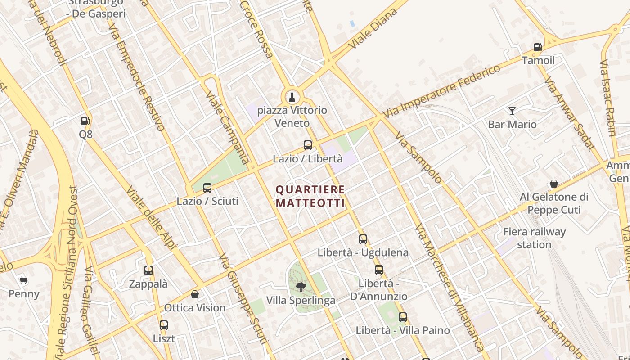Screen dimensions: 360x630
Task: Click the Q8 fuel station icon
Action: (x=85, y=121)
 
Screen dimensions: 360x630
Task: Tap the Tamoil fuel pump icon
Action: (x=538, y=47)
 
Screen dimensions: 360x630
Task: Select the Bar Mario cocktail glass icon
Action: (x=512, y=111)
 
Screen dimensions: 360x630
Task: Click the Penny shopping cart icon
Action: (x=24, y=281)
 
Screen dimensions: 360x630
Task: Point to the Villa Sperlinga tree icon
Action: (x=301, y=287)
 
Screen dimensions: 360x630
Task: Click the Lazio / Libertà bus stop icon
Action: (x=308, y=145)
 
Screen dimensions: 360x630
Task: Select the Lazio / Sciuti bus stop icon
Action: (x=207, y=188)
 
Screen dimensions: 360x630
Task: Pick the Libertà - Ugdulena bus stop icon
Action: (x=363, y=239)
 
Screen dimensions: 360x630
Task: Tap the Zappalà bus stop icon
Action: (x=148, y=270)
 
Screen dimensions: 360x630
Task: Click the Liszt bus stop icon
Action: (x=164, y=325)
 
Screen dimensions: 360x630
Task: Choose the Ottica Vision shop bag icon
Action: (x=195, y=294)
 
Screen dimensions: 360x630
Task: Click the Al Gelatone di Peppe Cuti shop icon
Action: (x=554, y=184)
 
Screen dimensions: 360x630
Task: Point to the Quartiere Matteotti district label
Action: (x=310, y=197)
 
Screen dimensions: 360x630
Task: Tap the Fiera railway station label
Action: (x=534, y=238)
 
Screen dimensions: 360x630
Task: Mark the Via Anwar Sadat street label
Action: (x=569, y=112)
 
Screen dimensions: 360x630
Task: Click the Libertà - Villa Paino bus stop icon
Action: (x=403, y=317)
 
